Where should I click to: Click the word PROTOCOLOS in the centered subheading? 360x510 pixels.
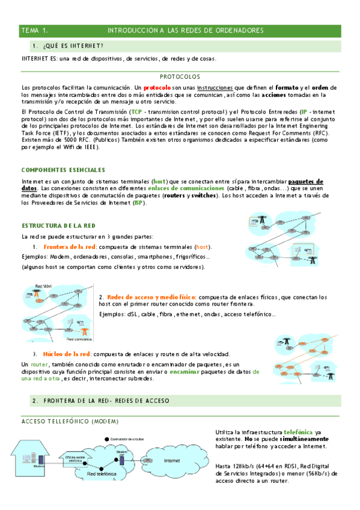click(180, 77)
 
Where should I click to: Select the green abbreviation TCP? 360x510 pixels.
click(137, 112)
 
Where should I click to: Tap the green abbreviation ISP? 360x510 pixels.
click(138, 203)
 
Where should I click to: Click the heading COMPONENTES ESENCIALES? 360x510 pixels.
click(63, 170)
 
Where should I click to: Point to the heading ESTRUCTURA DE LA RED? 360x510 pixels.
click(58, 226)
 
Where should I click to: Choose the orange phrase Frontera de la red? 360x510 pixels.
click(69, 247)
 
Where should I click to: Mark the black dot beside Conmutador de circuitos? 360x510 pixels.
click(106, 438)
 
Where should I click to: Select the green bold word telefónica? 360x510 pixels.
click(298, 432)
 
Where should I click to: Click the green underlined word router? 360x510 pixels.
click(39, 364)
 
